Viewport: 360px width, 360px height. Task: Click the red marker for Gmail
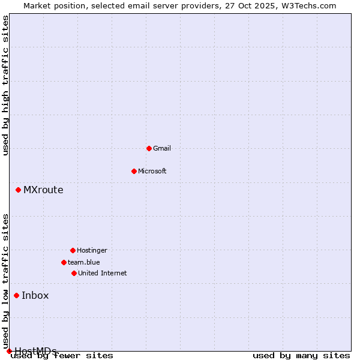pos(149,148)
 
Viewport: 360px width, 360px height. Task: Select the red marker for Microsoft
pos(134,171)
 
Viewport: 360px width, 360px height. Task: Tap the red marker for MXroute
pos(18,190)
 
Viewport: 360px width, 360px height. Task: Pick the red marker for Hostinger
pos(73,250)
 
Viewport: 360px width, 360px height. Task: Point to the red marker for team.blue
pos(64,262)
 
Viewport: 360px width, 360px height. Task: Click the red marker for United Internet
pos(74,273)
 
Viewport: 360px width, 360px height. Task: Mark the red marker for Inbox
pos(16,295)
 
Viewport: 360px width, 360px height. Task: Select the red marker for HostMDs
pos(9,351)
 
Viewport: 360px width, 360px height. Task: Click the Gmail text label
pos(162,148)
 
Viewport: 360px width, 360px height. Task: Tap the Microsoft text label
pos(152,171)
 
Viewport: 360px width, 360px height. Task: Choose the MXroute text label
pos(43,190)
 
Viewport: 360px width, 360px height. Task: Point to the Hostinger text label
pos(92,250)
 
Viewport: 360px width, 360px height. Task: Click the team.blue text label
pos(84,262)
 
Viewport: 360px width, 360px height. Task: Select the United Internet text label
pos(103,273)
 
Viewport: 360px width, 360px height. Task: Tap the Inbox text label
pos(35,295)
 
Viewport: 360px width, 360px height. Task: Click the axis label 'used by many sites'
pos(301,356)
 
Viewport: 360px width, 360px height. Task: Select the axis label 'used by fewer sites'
pos(62,356)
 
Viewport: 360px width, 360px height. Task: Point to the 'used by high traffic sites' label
pos(6,85)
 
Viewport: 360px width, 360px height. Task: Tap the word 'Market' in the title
pos(37,5)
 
